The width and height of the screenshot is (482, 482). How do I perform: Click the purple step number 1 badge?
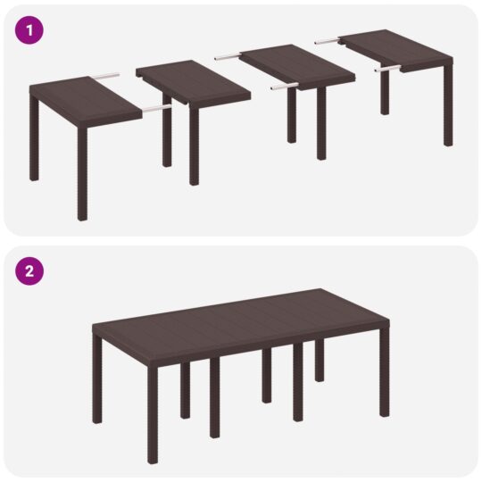click(x=29, y=29)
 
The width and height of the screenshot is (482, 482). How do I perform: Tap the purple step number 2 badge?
click(x=29, y=272)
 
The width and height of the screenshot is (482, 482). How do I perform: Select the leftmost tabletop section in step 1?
click(x=85, y=97)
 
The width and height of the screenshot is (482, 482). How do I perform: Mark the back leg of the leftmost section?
click(x=34, y=143)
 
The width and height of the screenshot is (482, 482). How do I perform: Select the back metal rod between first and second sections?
click(x=108, y=75)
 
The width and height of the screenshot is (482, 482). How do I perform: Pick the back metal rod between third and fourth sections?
click(x=327, y=39)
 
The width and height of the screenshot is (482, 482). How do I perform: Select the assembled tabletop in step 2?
click(x=241, y=321)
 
